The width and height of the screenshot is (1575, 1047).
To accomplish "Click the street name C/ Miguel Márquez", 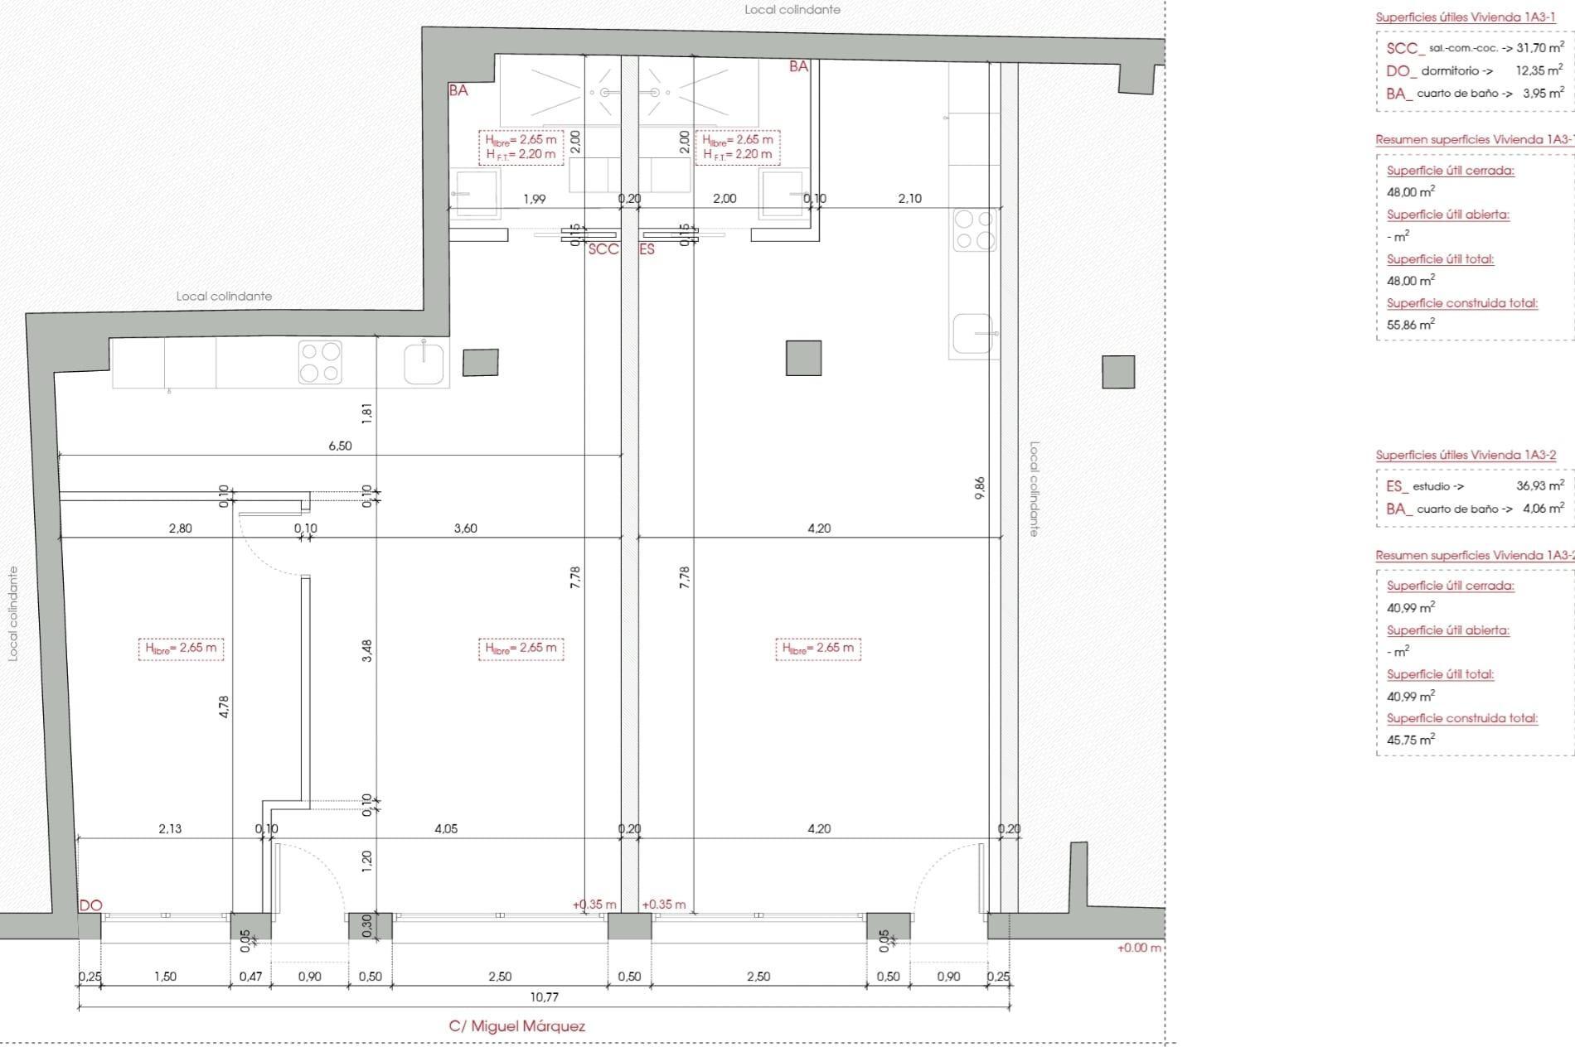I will pos(516,1026).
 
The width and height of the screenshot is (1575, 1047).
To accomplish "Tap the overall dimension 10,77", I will pos(544,997).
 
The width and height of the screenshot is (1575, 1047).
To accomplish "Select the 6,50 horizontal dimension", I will pos(340,446).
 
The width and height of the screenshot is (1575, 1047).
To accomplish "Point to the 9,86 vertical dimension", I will pos(980,487).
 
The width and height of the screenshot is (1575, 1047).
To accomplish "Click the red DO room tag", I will pos(90,905).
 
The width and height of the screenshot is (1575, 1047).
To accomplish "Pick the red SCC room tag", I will pos(603,249).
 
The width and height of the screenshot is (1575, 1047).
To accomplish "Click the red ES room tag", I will pos(647,249).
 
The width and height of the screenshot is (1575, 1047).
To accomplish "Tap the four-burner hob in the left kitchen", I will pos(320,362).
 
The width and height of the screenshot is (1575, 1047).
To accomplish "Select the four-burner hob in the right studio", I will pos(974,229).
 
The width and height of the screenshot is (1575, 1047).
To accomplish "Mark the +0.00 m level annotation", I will pos(1139,948).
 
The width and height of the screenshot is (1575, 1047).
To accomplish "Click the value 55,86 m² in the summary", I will pos(1410,325).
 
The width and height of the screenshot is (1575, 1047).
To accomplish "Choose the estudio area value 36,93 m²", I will pos(1539,486).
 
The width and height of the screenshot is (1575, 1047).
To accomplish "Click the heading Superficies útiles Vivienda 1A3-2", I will pos(1466,455).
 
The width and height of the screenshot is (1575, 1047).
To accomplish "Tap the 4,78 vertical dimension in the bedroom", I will pos(224,706).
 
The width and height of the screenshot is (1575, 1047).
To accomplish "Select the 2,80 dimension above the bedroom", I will pos(180,528).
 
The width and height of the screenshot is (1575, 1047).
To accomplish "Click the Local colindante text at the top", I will pos(792,10).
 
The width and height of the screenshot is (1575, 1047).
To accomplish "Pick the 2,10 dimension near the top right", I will pos(909,199).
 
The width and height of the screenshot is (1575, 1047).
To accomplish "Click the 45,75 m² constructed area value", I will pos(1410,741).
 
